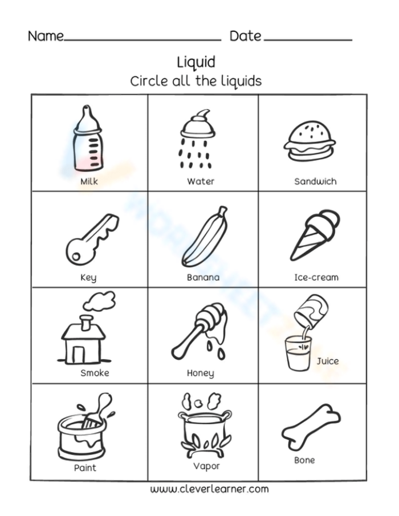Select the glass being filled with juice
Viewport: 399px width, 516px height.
(x=298, y=353)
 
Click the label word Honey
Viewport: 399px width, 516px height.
(x=201, y=373)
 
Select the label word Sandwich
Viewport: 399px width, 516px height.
(x=315, y=182)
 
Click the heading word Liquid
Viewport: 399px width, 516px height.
(x=196, y=61)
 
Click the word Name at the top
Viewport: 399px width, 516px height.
(x=46, y=36)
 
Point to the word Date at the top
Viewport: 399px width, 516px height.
(x=246, y=36)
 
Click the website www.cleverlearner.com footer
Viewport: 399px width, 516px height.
(x=209, y=489)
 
